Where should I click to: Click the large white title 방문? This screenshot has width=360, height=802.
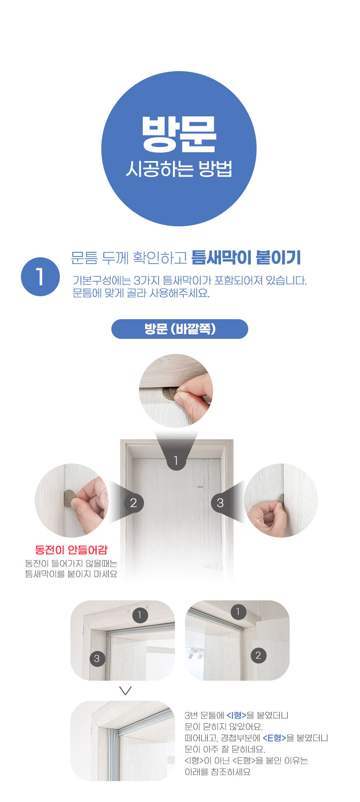point(179,134)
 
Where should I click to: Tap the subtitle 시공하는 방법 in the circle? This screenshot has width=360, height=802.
point(179,169)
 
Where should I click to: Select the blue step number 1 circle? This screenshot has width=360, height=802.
point(40,277)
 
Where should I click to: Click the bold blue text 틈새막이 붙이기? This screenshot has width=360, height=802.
point(246,258)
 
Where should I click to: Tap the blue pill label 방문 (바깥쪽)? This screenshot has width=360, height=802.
point(180,329)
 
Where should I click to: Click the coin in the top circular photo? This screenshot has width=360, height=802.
point(170,393)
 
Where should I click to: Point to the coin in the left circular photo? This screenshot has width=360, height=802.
point(69,498)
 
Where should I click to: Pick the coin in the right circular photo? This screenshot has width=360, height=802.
point(281,499)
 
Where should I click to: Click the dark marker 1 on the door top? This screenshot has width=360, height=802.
point(176,461)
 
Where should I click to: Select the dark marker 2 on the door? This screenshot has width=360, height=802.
point(134,503)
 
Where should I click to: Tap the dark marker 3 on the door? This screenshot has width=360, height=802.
point(220,503)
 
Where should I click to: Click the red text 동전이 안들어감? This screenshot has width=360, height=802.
point(71,550)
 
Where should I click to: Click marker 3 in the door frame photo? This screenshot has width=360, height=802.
point(97,659)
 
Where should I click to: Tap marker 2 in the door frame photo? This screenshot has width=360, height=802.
point(258,655)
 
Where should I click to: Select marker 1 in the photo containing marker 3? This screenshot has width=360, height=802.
point(140,615)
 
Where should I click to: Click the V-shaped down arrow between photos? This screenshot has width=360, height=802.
point(126,690)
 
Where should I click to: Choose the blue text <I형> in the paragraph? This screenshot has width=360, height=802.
point(236,715)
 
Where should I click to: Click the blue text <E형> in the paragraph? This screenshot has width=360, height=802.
point(274,738)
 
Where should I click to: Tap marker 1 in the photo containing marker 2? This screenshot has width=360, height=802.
point(238,612)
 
